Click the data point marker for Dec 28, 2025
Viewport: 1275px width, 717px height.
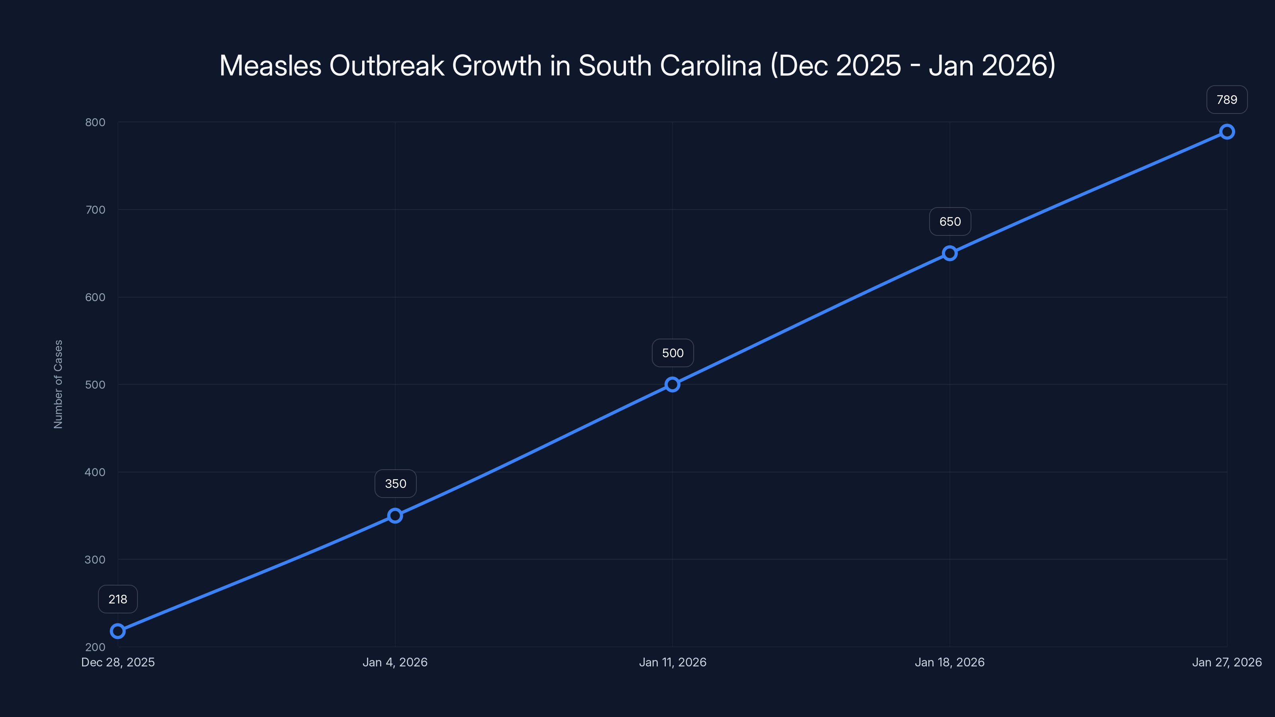point(118,631)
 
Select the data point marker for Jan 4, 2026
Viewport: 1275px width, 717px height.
point(395,515)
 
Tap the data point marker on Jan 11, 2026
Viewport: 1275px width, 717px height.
point(672,384)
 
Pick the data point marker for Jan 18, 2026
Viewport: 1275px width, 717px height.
point(949,253)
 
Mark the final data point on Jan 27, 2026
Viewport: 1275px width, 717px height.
point(1226,131)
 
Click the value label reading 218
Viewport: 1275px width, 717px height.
point(118,599)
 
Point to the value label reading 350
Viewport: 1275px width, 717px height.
point(396,484)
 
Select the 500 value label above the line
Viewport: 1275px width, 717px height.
point(673,353)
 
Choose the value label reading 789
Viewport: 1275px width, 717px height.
point(1226,100)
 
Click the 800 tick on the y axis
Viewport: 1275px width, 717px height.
point(95,122)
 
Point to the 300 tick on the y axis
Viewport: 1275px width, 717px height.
point(95,560)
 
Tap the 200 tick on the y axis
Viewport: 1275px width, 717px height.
point(95,647)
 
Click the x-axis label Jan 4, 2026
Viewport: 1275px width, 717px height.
point(395,662)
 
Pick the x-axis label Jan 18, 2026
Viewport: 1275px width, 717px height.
point(949,662)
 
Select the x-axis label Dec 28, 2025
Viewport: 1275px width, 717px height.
point(118,662)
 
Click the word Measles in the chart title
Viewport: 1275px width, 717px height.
point(270,65)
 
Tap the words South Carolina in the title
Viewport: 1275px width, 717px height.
point(670,65)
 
